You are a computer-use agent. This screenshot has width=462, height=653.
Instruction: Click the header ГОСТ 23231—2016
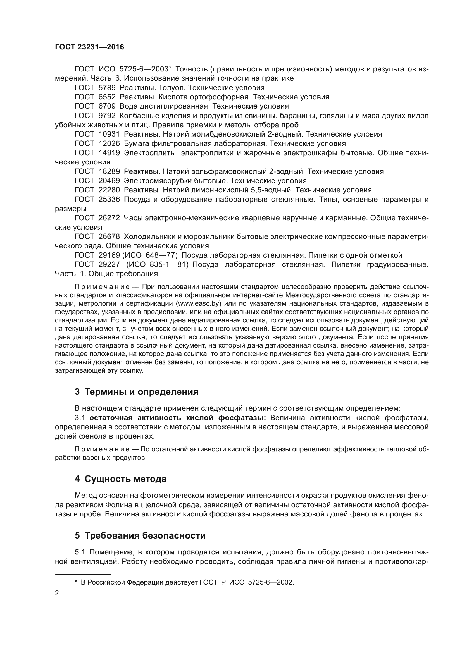[x=89, y=47]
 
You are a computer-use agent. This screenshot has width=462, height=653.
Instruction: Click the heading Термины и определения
[x=141, y=392]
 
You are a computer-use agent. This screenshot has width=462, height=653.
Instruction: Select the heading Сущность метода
[x=125, y=479]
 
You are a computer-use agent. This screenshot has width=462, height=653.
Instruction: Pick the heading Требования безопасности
[x=145, y=535]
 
